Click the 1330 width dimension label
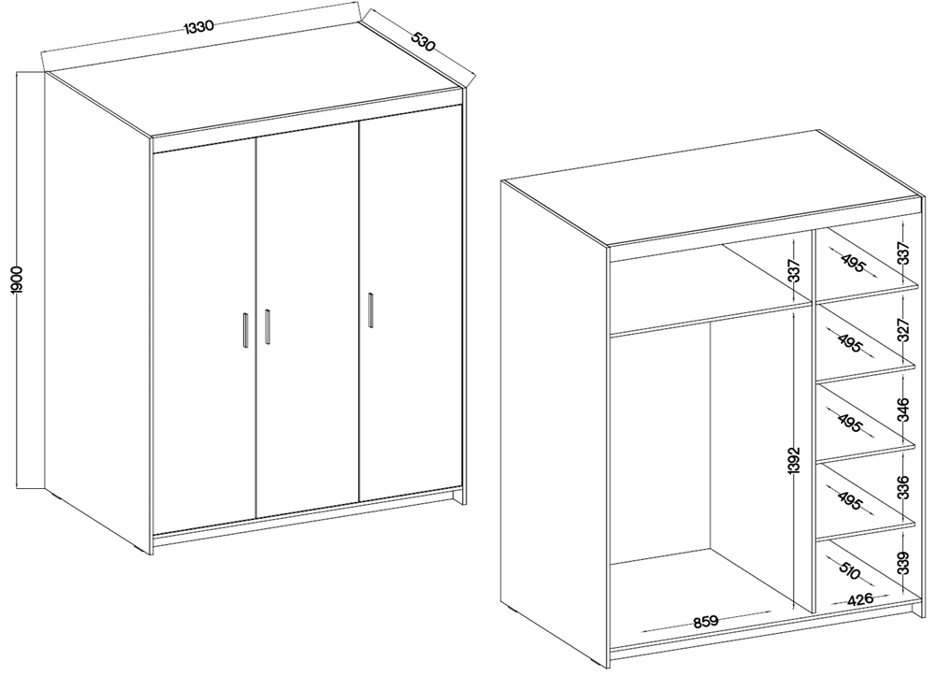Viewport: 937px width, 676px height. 198,27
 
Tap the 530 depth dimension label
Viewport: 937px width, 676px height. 423,41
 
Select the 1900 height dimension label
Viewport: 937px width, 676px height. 17,280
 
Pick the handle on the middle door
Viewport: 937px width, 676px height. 267,326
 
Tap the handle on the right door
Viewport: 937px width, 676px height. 370,310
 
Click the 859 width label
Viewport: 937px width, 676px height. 706,621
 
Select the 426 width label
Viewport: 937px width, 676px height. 860,598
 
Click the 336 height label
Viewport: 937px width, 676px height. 903,487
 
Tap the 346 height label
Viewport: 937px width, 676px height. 903,410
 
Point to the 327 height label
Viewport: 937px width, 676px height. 903,331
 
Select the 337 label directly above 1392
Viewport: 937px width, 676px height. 793,272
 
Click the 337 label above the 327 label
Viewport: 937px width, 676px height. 903,252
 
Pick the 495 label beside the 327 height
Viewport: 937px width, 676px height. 850,342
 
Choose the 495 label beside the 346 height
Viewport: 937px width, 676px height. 850,423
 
